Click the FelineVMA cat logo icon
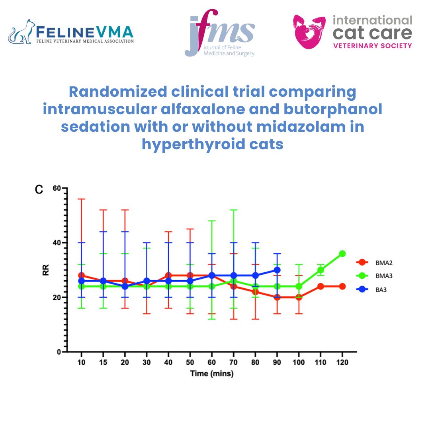(21, 32)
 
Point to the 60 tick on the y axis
(58, 188)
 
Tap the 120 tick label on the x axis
(342, 363)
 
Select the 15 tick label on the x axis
(103, 363)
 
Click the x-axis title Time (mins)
(211, 374)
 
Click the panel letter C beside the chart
(39, 190)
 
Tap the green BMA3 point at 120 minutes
(342, 254)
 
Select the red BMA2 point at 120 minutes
(342, 286)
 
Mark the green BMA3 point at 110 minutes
(321, 270)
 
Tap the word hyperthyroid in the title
(193, 144)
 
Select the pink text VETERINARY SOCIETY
(372, 46)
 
